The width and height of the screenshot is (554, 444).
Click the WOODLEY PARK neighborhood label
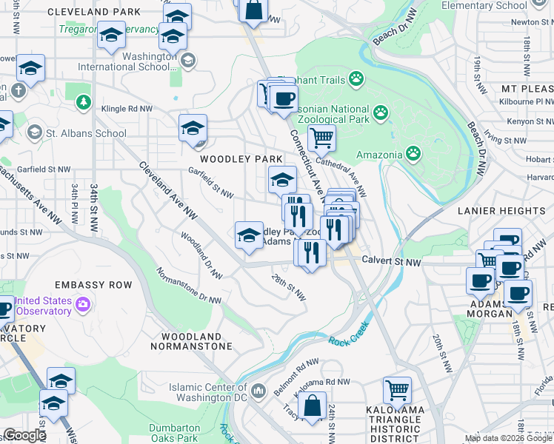[239, 159]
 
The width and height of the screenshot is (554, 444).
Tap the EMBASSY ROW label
[93, 285]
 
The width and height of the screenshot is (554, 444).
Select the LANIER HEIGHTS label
[501, 211]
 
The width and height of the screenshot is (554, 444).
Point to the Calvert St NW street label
[393, 262]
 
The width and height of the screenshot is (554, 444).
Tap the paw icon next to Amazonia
[413, 154]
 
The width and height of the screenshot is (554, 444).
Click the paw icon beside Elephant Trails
[357, 76]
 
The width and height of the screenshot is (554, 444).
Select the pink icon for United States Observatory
[83, 303]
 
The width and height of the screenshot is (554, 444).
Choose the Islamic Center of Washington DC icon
[258, 389]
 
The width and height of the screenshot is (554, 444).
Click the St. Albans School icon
[34, 133]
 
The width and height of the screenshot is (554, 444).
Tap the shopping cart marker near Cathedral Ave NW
[321, 138]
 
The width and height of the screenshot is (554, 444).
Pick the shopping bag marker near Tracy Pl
[313, 406]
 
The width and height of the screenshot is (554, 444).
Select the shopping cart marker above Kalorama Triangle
[398, 390]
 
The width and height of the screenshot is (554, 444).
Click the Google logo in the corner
[24, 435]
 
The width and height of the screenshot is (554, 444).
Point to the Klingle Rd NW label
[127, 108]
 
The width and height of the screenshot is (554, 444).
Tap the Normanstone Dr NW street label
[188, 285]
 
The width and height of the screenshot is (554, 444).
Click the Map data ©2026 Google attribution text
[509, 439]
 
